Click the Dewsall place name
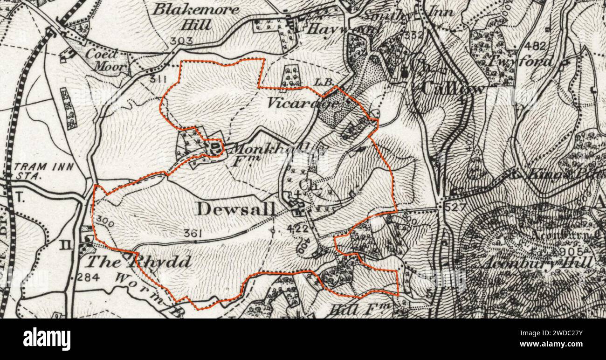tap(234, 209)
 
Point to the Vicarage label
tap(302, 103)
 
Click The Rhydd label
tap(139, 262)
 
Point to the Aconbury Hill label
tap(538, 263)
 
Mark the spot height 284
tap(87, 278)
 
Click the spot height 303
tap(181, 41)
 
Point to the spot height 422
tap(298, 228)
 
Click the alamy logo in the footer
tap(47, 339)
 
